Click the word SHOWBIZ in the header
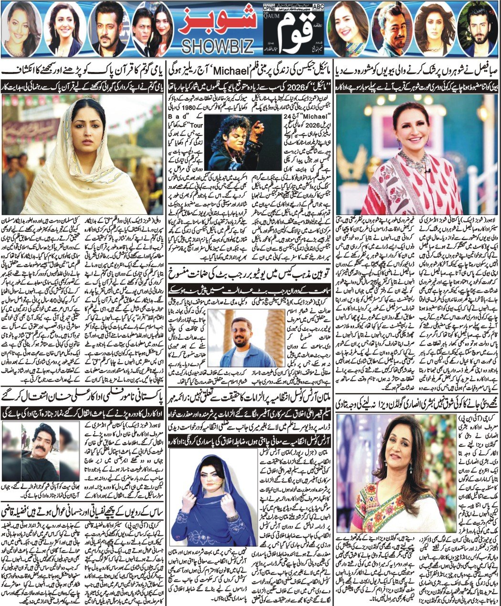coord(217,46)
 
